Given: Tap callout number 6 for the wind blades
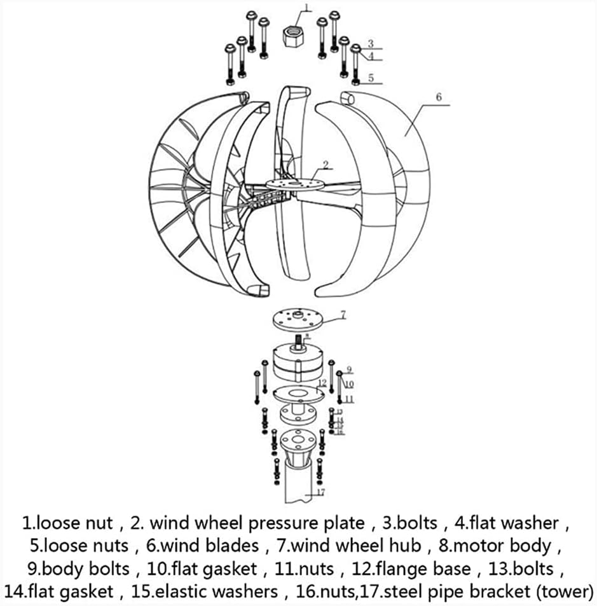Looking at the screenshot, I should pyautogui.click(x=438, y=97).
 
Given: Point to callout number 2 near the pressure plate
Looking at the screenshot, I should pyautogui.click(x=326, y=165).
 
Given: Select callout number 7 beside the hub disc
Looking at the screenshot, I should pyautogui.click(x=343, y=313).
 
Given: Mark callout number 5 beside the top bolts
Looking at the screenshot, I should pyautogui.click(x=371, y=79).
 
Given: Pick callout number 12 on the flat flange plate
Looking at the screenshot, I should pyautogui.click(x=322, y=383).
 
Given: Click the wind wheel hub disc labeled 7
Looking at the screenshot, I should pyautogui.click(x=301, y=320).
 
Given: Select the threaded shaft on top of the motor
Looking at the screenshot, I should pyautogui.click(x=298, y=342).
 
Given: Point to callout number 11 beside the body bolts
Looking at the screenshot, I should pyautogui.click(x=349, y=399).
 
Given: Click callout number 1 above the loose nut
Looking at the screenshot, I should pyautogui.click(x=306, y=8).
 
